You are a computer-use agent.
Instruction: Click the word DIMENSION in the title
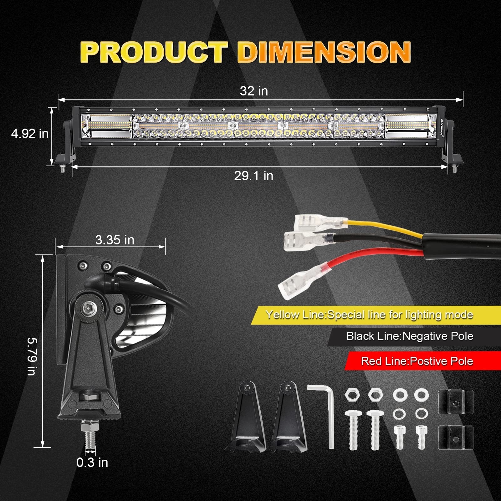tap(324, 52)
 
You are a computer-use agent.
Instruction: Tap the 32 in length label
tap(254, 91)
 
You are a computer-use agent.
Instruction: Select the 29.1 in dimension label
tap(253, 176)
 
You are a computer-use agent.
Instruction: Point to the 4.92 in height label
tap(30, 134)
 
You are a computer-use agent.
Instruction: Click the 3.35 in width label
tap(115, 240)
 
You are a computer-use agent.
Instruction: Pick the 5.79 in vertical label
tap(32, 356)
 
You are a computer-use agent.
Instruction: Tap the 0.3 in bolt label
tap(92, 463)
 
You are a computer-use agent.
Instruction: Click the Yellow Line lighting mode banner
tap(369, 315)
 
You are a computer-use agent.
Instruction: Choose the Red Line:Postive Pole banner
tap(417, 361)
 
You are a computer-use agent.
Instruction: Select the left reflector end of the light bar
tap(106, 126)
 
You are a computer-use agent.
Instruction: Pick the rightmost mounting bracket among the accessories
tap(286, 418)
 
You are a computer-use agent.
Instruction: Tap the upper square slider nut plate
tap(456, 402)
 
